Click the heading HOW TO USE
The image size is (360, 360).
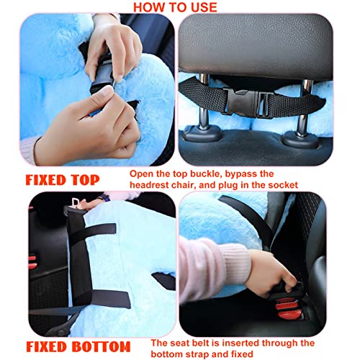175,7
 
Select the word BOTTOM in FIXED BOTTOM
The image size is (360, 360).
101,346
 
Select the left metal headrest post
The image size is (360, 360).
204,101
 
